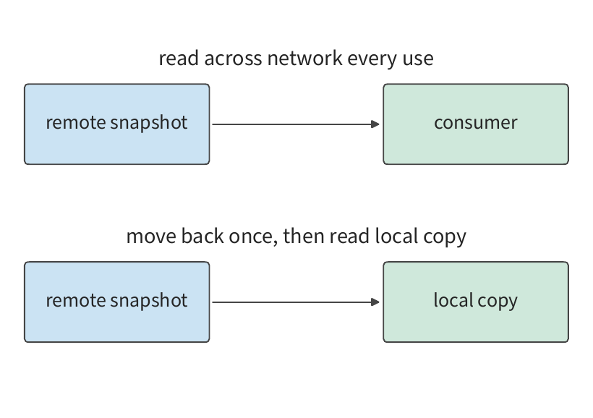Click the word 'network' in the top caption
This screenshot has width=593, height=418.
click(x=305, y=59)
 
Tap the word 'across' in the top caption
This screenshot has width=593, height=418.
click(x=233, y=59)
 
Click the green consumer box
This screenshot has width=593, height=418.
click(x=476, y=124)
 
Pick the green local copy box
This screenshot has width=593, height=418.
click(x=476, y=302)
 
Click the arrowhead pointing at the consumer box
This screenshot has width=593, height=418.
click(x=375, y=124)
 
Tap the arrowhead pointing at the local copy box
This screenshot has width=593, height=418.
click(x=375, y=302)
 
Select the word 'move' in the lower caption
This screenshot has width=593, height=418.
click(x=151, y=236)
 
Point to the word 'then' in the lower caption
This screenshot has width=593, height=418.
click(x=304, y=236)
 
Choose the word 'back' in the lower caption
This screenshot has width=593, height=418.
click(x=202, y=236)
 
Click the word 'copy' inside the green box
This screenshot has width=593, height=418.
click(x=498, y=302)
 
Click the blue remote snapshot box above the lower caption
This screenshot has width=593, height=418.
click(x=117, y=124)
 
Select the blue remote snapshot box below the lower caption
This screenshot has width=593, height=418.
click(x=117, y=302)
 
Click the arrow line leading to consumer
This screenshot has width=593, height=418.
click(x=296, y=124)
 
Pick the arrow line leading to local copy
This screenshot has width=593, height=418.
click(x=296, y=302)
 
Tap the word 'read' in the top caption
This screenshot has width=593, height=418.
click(x=179, y=59)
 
